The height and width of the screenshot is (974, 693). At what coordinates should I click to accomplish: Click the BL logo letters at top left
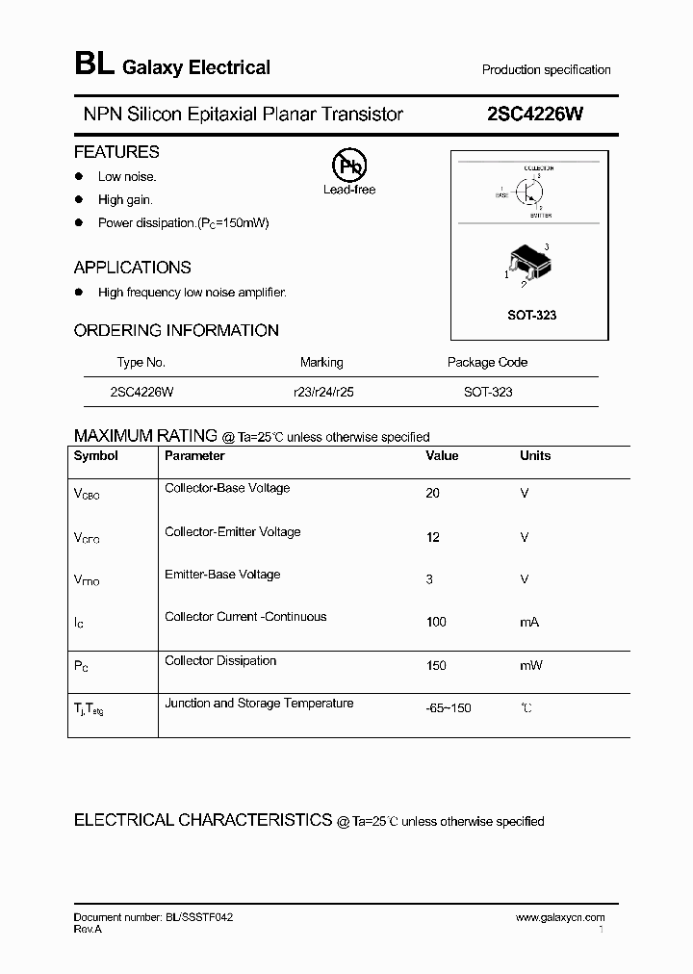(93, 64)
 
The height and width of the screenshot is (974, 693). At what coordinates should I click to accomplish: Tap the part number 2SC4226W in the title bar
(535, 114)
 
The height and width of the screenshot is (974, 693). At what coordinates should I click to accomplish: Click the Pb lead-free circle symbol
(349, 166)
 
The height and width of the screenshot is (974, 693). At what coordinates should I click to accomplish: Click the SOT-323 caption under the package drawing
(531, 315)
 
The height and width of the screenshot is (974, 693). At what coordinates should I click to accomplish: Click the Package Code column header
(487, 363)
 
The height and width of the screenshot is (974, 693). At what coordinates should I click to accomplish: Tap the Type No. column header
(141, 363)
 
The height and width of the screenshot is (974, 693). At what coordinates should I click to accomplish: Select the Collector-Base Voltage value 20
(432, 493)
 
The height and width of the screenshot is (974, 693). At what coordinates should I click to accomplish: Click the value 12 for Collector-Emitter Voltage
(432, 537)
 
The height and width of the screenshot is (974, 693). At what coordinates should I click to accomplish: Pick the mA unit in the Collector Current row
(529, 622)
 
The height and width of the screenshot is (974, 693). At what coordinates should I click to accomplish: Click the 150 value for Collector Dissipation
(436, 666)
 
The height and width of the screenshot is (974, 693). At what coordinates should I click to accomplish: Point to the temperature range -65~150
(448, 708)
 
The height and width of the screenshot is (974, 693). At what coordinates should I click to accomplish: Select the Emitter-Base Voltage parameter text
(222, 575)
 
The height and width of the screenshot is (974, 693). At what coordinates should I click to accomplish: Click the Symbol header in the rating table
(96, 456)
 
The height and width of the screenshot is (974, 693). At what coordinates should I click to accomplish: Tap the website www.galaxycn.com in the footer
(560, 918)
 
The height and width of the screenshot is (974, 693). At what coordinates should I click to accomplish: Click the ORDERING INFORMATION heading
(176, 330)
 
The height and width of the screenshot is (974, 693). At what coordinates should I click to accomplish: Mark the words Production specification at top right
(546, 70)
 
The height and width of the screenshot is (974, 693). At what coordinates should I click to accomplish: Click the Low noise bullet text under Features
(127, 176)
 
